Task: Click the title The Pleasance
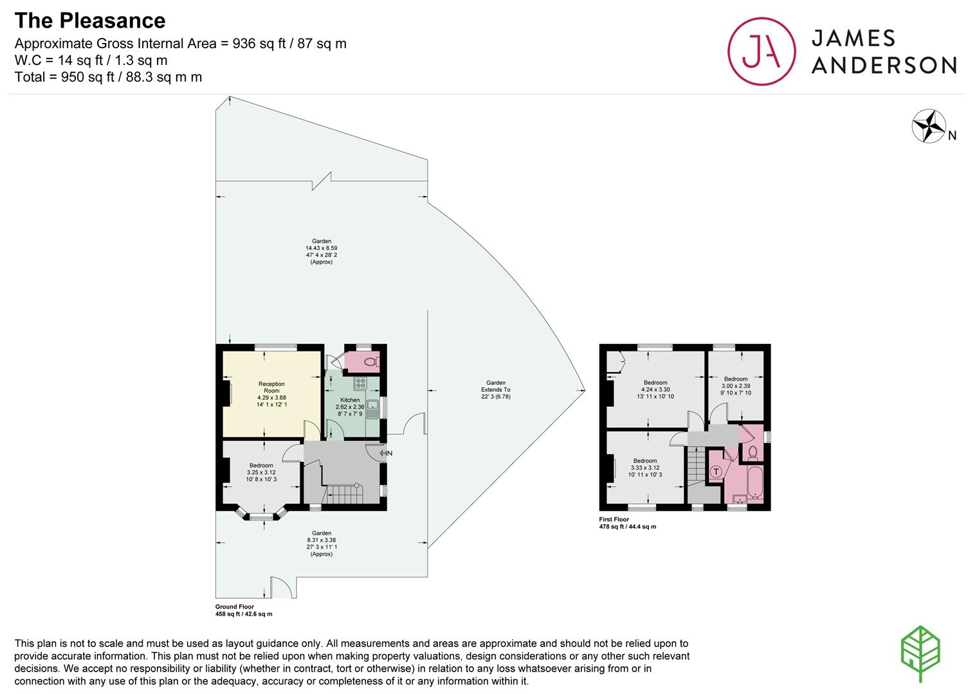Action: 90,21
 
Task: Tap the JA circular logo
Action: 762,51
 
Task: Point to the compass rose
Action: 929,126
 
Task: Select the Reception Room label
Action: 271,387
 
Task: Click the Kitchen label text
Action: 350,400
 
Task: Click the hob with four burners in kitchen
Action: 361,384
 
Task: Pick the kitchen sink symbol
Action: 372,409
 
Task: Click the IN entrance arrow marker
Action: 386,453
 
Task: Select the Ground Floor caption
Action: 235,607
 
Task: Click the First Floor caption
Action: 614,519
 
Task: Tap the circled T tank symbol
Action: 716,471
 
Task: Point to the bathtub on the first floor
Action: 754,483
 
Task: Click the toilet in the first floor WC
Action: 753,453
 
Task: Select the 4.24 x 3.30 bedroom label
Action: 655,389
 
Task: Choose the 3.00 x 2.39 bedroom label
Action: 736,386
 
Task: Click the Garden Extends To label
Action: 495,389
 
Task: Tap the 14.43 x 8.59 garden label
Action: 322,251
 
